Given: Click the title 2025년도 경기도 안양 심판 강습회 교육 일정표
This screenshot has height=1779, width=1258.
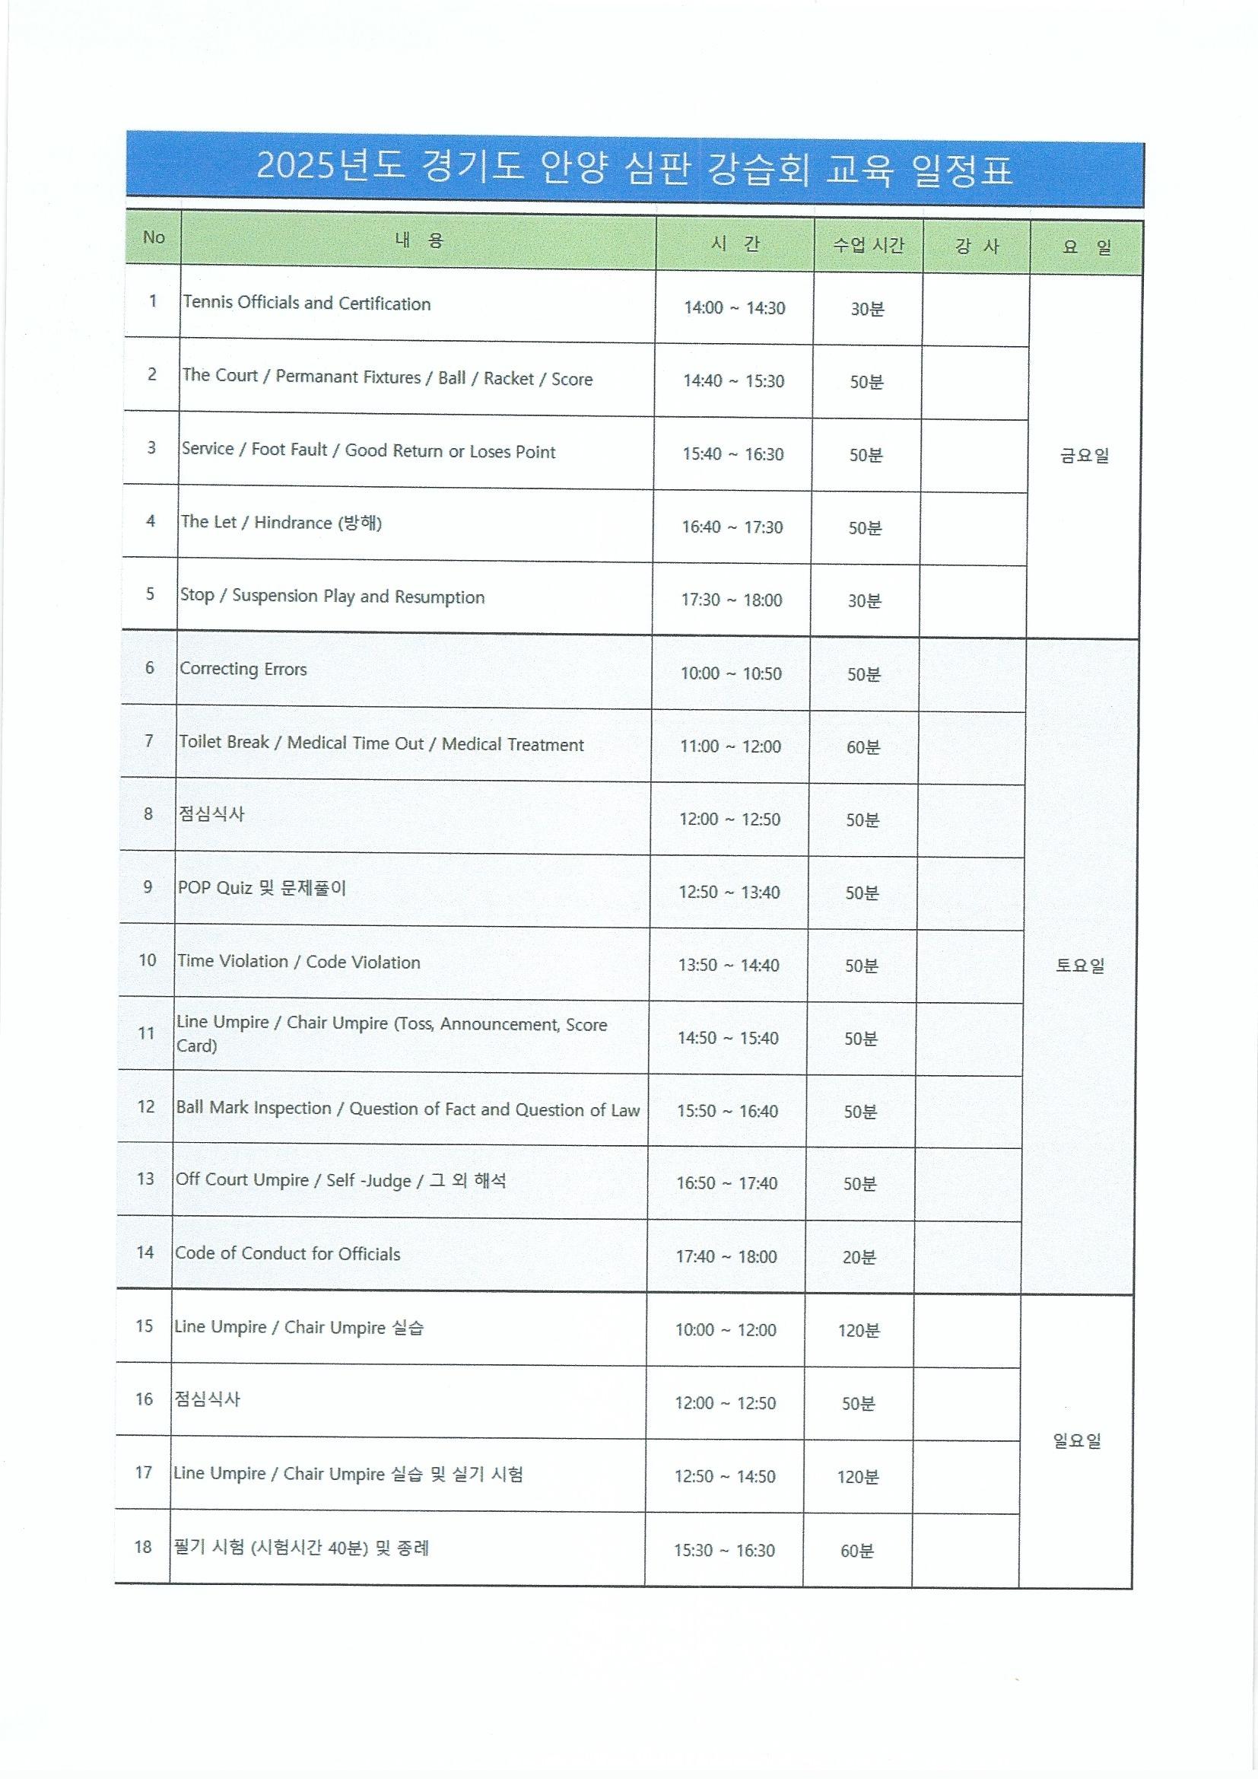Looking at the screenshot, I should coord(634,169).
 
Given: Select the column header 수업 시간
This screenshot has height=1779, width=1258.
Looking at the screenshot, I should coord(868,246).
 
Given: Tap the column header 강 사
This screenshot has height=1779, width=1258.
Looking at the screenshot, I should coord(976,247).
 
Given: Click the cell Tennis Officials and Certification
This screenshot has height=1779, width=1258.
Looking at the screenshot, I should coord(307,303).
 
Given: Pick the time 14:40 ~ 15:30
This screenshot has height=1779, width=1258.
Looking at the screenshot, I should coord(733,380).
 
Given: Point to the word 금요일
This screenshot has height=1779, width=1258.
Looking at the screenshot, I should coord(1085,455).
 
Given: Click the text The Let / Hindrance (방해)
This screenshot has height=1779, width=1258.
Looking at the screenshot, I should coord(281,522).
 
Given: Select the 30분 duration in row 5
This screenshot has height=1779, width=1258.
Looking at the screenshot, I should coord(865,600).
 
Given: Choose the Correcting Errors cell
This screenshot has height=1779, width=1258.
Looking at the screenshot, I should coord(243,669).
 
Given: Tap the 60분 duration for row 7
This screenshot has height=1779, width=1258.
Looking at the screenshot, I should coord(863,747).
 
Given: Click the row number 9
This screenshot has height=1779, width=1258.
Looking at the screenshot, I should coord(148,886).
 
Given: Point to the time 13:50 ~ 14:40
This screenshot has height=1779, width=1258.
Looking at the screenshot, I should coord(729,965).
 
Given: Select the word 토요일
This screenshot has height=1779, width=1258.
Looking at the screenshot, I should coord(1080,966).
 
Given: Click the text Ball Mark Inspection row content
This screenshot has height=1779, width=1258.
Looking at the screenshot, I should coord(408,1109).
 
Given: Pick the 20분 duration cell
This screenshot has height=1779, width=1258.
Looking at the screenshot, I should coord(859,1257).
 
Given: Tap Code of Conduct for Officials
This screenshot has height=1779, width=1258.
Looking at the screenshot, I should coord(287,1254).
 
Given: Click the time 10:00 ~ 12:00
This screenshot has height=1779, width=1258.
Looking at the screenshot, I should coord(726,1329).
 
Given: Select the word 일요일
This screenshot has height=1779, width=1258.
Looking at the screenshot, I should coord(1077,1440).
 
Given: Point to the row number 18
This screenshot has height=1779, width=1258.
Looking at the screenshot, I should coord(142,1548).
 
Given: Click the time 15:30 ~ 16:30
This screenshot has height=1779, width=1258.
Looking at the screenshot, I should coord(724,1551).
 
